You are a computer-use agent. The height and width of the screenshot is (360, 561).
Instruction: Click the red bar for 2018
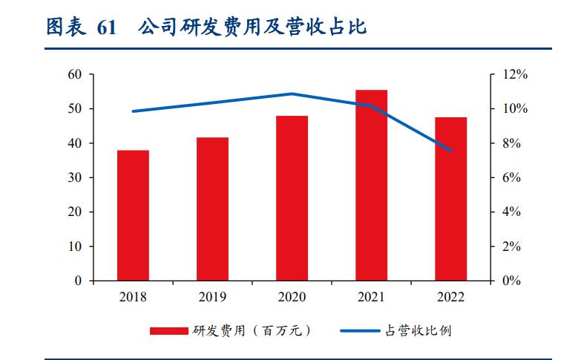(x=133, y=215)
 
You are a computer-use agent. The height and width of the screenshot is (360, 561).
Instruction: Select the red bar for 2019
(x=212, y=209)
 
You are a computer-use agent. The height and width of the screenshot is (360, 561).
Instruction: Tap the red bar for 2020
(x=292, y=198)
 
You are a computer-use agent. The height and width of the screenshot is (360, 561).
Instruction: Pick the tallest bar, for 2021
(x=371, y=185)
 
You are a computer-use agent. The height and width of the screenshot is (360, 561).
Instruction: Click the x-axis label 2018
(x=133, y=297)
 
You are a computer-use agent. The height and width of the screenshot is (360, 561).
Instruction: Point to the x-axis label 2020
(x=292, y=297)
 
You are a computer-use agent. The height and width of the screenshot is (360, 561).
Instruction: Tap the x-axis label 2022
(x=450, y=297)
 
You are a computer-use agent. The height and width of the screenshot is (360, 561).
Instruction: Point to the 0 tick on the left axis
(x=77, y=281)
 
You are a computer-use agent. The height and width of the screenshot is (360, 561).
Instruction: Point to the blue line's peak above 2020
(x=292, y=94)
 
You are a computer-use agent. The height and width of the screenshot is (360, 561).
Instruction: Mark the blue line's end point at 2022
(x=450, y=150)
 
